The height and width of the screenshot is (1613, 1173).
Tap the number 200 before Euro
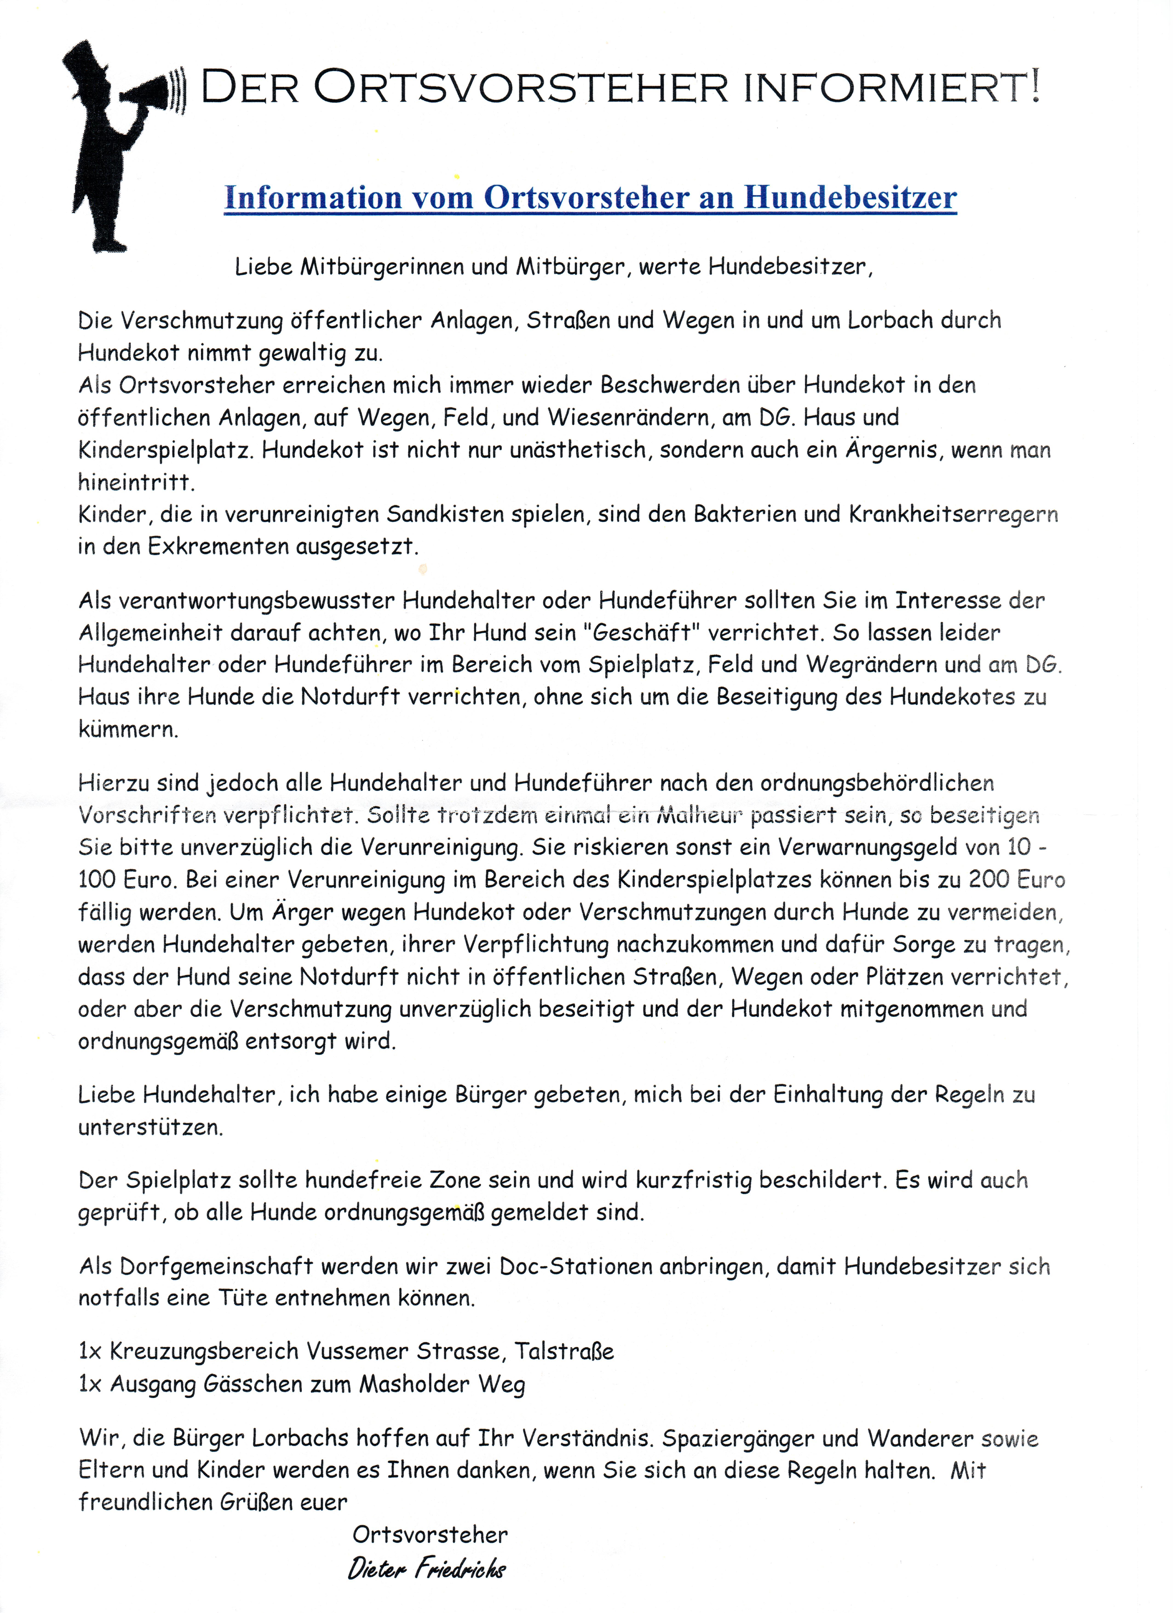(x=989, y=880)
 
